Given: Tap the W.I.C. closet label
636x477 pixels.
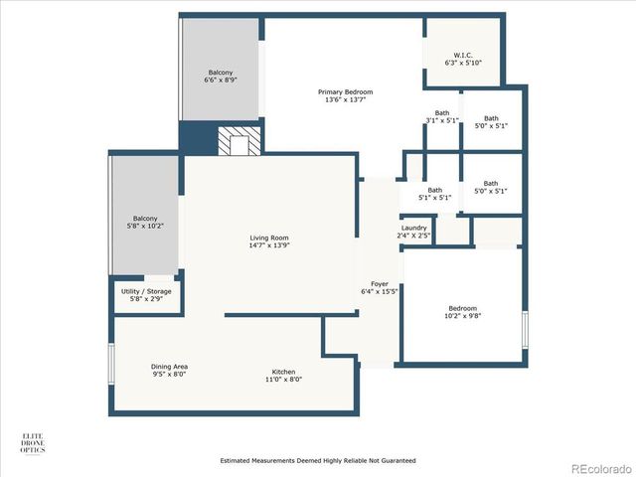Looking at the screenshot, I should pyautogui.click(x=463, y=55).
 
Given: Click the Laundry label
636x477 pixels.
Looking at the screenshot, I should pyautogui.click(x=413, y=228).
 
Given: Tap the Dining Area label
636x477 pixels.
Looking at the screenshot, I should pyautogui.click(x=169, y=367).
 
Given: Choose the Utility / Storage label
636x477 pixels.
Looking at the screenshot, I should pyautogui.click(x=146, y=290).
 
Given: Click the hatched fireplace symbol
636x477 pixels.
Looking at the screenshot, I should pyautogui.click(x=238, y=142).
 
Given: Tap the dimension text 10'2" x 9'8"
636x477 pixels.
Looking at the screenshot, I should pyautogui.click(x=462, y=317).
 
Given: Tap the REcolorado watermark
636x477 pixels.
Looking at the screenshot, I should pyautogui.click(x=599, y=468).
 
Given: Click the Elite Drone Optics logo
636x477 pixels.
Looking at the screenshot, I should pyautogui.click(x=33, y=442).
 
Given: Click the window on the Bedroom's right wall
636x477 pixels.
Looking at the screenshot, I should pyautogui.click(x=526, y=329).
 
